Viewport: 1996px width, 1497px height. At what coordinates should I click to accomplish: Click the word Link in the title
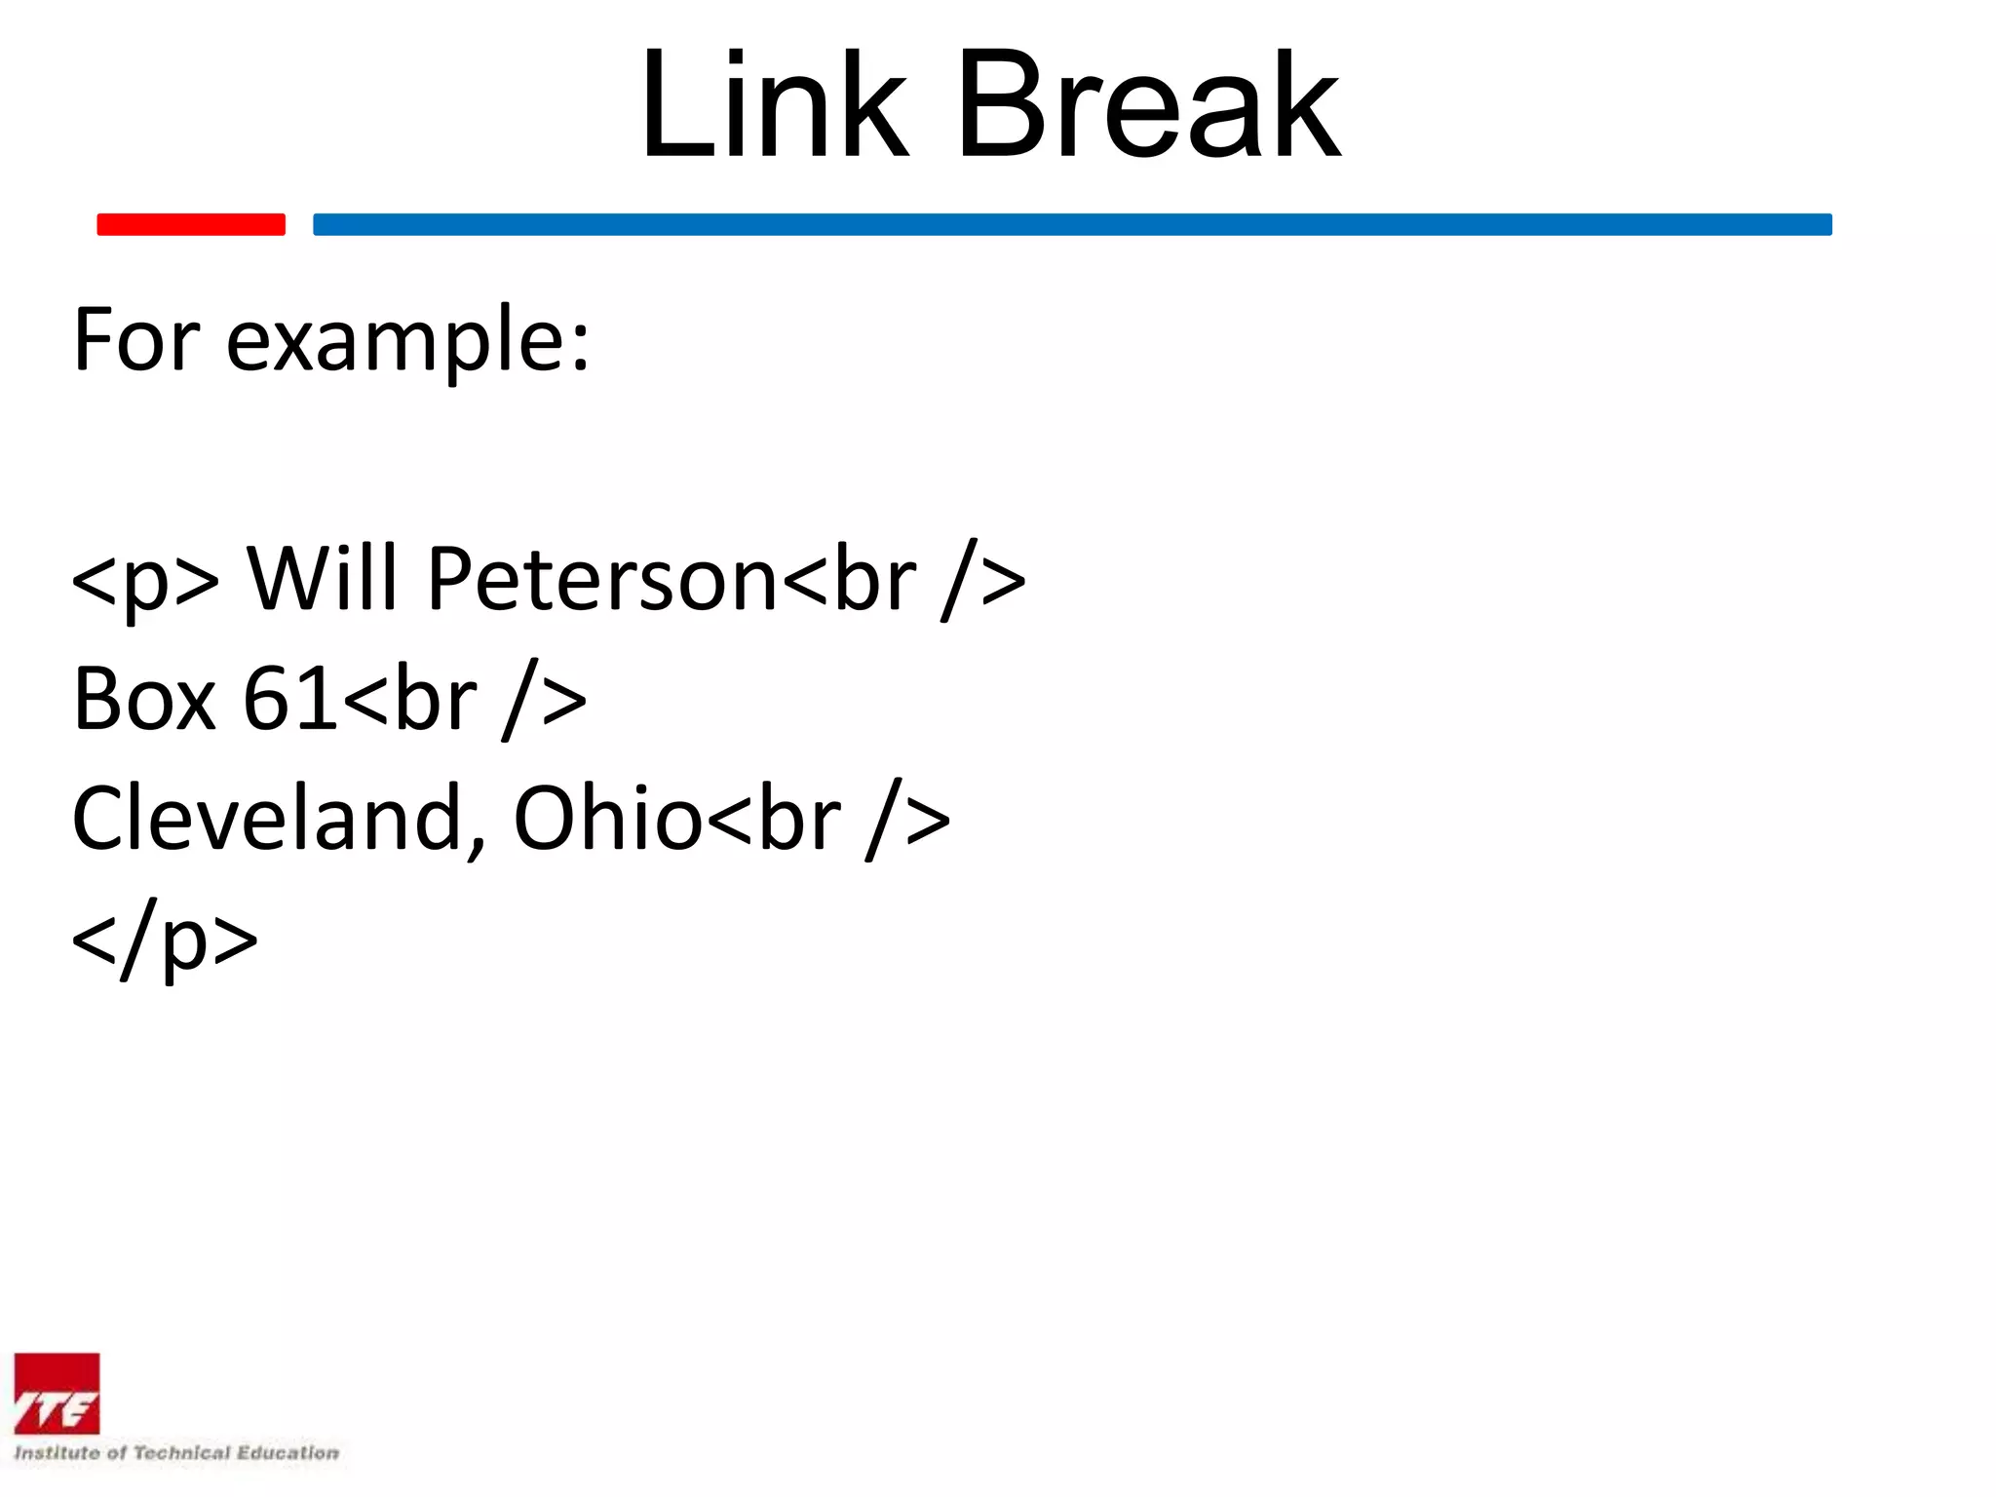tap(775, 105)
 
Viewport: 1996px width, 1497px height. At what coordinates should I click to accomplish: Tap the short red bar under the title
tap(191, 224)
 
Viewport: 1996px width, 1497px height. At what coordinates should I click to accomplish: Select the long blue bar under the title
tap(1072, 224)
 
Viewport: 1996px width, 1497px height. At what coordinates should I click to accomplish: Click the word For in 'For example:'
tap(137, 340)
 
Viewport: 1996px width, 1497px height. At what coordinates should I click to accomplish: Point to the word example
tap(408, 343)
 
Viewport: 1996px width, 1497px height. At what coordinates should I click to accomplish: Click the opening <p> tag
tap(146, 581)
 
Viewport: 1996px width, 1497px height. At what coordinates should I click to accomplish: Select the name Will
tap(323, 579)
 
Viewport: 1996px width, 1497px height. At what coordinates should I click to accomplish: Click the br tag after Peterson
tap(902, 581)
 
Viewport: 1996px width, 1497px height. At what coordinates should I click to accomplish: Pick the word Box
tap(144, 699)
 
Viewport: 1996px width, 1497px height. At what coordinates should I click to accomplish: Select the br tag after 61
tap(464, 701)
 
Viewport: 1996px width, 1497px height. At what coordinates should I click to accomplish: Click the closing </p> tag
tap(165, 940)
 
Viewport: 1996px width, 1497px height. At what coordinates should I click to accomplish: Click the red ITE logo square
tap(57, 1394)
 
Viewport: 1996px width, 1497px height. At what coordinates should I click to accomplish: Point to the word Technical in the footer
tap(181, 1453)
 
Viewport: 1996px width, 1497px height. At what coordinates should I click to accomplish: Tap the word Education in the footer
tap(288, 1453)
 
